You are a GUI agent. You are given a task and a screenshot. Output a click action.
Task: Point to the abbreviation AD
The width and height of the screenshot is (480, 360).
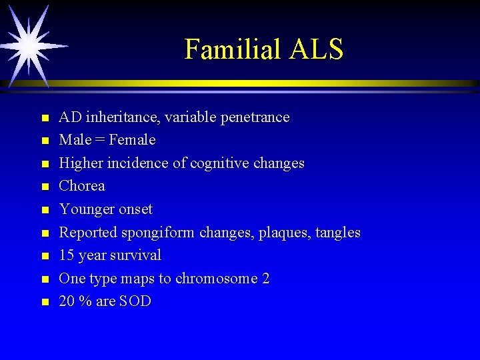click(x=69, y=117)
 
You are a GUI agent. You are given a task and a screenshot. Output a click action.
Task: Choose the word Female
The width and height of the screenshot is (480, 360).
click(x=132, y=140)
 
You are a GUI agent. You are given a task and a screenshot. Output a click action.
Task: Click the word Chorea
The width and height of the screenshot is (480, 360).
click(x=82, y=186)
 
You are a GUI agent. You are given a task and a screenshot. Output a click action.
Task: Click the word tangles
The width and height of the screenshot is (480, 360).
click(x=338, y=233)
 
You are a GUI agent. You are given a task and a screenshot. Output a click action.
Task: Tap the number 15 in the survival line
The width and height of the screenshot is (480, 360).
click(x=67, y=255)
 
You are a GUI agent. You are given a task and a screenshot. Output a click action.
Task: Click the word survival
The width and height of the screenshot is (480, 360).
click(x=136, y=255)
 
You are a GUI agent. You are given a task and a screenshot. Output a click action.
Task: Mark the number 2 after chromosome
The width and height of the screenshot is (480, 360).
click(x=265, y=279)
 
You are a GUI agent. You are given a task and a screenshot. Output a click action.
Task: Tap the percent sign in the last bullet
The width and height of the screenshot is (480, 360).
click(x=85, y=301)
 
